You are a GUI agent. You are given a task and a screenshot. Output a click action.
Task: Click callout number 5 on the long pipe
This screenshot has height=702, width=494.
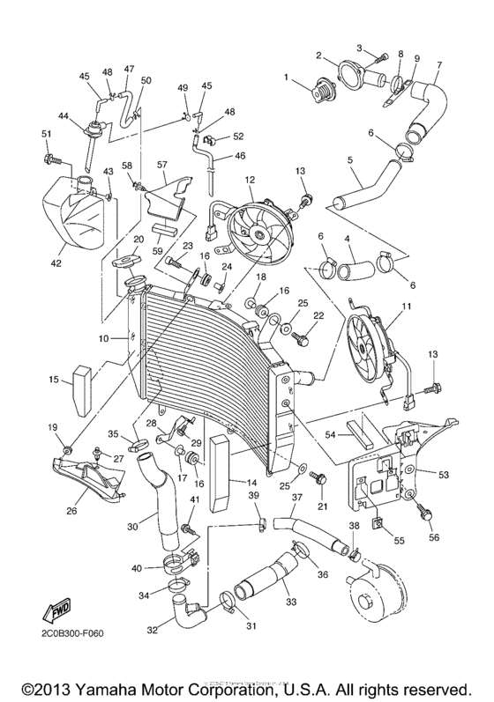350,160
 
